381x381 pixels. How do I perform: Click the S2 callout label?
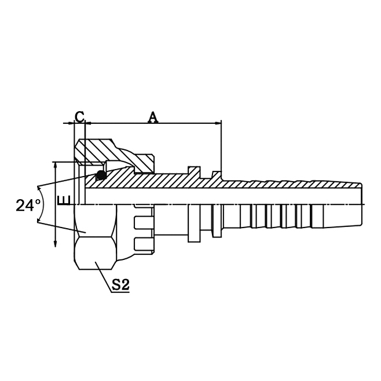[119, 284]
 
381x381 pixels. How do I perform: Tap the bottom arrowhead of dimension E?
[55, 243]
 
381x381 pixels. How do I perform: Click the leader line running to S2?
[104, 277]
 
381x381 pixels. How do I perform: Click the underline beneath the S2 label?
[119, 292]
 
